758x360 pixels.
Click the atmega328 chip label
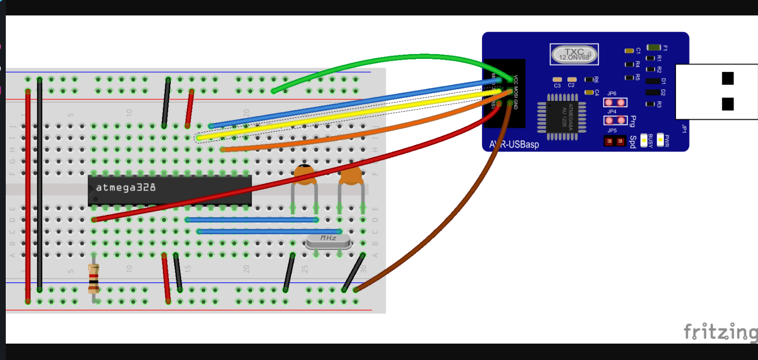126,187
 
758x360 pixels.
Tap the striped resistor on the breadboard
94,279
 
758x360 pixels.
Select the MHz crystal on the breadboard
328,239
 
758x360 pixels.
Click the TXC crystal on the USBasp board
574,54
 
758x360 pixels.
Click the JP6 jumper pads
615,102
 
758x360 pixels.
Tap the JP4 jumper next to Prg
615,120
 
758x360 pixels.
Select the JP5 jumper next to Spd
615,141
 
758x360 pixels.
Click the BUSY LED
644,141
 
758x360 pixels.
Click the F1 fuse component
654,47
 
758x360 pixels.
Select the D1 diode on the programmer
653,81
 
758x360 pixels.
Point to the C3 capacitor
557,80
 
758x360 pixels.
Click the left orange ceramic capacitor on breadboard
304,175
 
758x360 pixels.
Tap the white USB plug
717,91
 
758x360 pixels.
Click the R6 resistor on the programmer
589,80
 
